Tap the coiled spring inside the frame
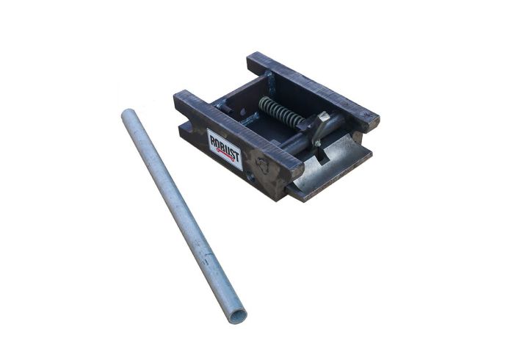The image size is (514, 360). tap(280, 113)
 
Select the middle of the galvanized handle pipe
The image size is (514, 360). tap(181, 215)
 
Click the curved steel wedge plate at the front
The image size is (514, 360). tap(334, 165)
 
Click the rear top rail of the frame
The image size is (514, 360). tap(312, 88)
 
